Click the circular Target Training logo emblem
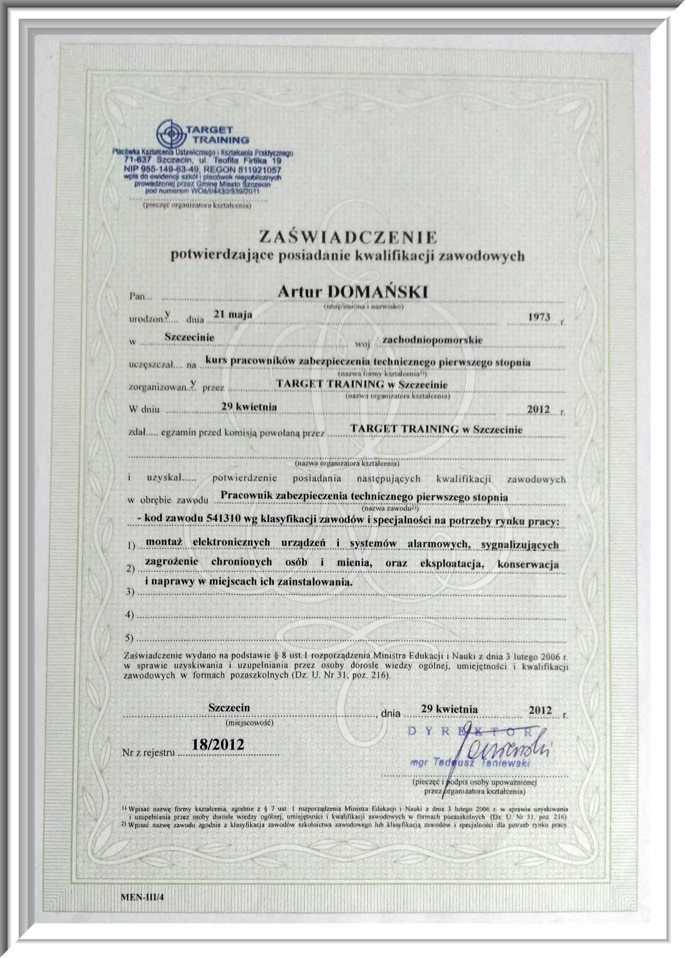click(x=172, y=134)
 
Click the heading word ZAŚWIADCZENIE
click(x=347, y=237)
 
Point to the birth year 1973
click(x=539, y=317)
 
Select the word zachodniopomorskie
click(x=432, y=340)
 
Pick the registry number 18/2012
click(x=218, y=744)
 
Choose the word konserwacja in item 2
click(x=528, y=564)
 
